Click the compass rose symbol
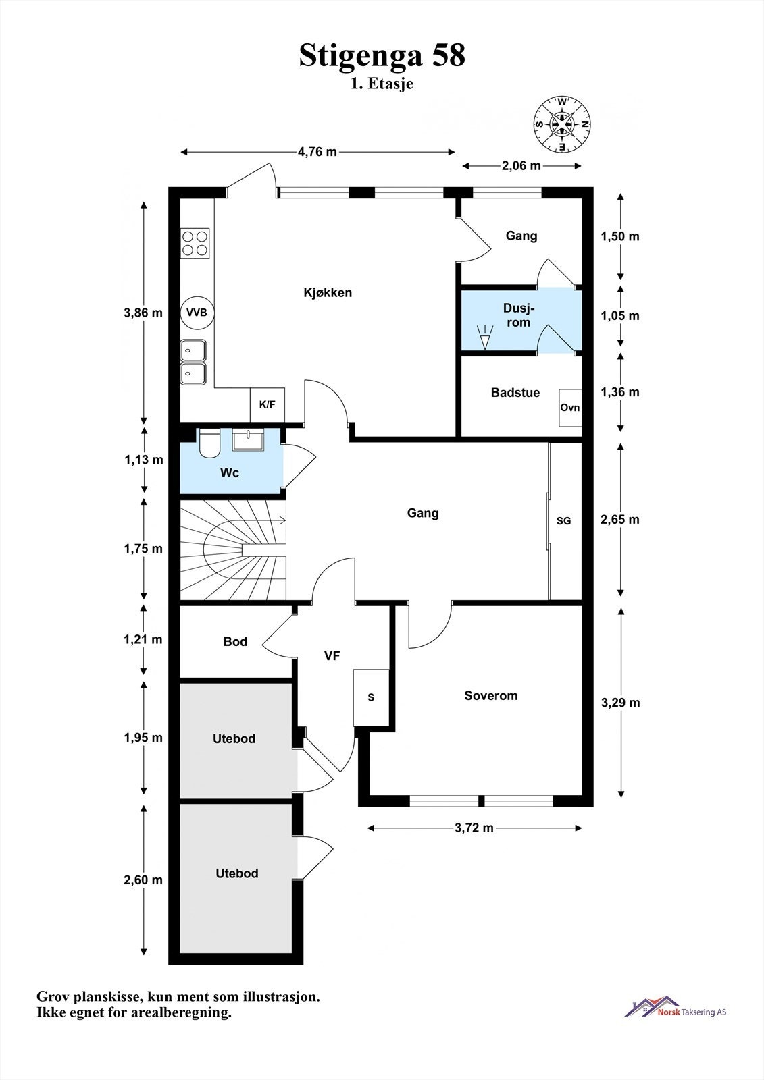(562, 124)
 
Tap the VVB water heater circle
(197, 313)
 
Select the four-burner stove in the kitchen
(195, 243)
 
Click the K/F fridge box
(268, 405)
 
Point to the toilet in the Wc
(209, 443)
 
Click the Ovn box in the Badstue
(570, 408)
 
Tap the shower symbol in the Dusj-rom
(485, 337)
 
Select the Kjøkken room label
(328, 293)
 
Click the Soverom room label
(491, 695)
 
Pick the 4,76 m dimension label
(317, 152)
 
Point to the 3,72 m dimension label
(474, 828)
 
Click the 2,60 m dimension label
(143, 880)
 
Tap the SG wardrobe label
(563, 520)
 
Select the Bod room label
(235, 641)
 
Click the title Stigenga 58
(382, 55)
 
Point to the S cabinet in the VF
(371, 698)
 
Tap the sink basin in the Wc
(248, 439)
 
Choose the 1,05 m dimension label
(620, 316)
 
